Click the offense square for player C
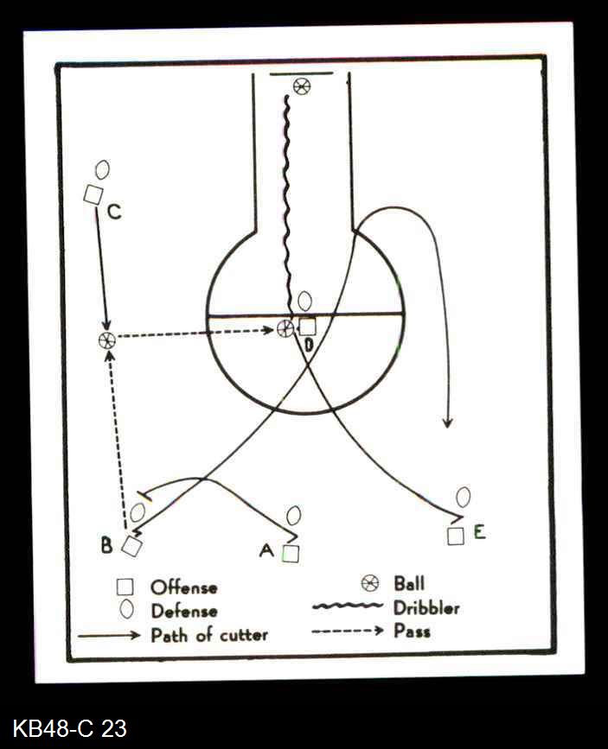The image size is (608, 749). [x=93, y=195]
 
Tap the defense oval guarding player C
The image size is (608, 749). [x=102, y=169]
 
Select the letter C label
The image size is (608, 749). [x=114, y=212]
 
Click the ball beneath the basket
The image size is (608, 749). [x=301, y=86]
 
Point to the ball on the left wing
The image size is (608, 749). [x=106, y=340]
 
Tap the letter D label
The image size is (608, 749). [x=309, y=346]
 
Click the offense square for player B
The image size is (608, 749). [x=131, y=545]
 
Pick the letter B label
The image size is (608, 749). [x=106, y=546]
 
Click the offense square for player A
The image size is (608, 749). [x=291, y=553]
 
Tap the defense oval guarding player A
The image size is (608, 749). [x=294, y=516]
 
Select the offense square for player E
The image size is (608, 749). [x=456, y=536]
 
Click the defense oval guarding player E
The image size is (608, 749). [x=464, y=497]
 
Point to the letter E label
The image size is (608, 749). [x=478, y=531]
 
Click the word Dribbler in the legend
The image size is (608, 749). [x=426, y=607]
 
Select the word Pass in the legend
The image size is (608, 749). [x=412, y=631]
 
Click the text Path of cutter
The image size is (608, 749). [x=209, y=635]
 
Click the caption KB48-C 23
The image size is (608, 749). [x=70, y=728]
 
